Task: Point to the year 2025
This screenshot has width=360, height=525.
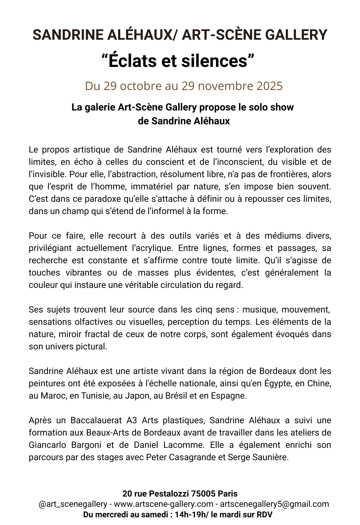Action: click(269, 86)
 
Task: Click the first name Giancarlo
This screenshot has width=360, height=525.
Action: click(49, 445)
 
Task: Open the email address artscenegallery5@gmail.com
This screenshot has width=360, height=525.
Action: click(274, 504)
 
